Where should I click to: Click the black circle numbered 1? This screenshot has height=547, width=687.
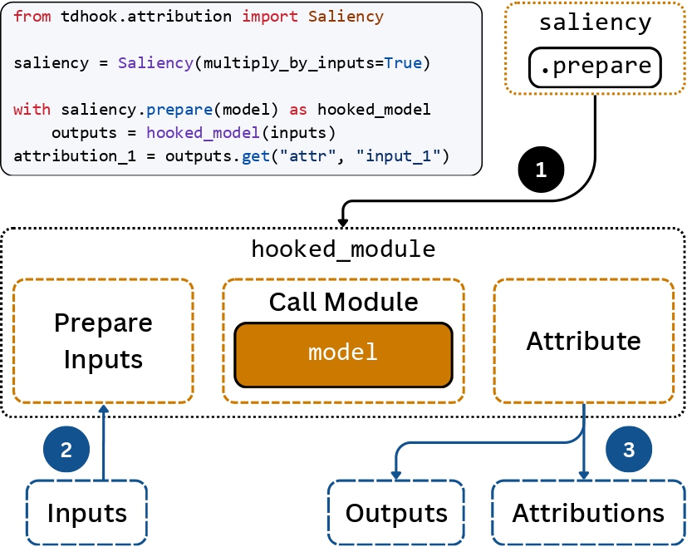(541, 170)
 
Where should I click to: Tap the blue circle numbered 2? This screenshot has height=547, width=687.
(66, 450)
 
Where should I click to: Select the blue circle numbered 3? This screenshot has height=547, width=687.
(629, 450)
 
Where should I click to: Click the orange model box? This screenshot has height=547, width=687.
(343, 354)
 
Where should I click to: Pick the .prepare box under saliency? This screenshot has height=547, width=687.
(595, 67)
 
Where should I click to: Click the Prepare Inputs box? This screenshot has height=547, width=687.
(104, 341)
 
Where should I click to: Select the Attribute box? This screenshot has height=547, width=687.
(583, 341)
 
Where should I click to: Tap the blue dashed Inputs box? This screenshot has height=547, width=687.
(86, 512)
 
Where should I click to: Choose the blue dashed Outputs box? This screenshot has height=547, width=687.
(396, 512)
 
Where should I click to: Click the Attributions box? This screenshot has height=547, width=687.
(588, 512)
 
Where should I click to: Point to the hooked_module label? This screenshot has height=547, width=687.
(343, 249)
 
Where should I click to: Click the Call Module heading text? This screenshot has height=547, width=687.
(343, 302)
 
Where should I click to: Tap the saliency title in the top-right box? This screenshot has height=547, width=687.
(595, 22)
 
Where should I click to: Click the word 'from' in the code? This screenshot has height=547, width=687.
(32, 17)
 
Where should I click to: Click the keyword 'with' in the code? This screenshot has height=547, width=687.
(32, 110)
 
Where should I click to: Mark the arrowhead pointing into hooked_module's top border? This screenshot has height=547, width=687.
(343, 221)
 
